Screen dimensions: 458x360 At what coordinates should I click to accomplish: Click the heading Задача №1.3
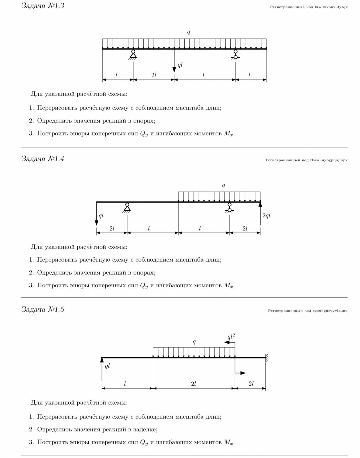click(43, 6)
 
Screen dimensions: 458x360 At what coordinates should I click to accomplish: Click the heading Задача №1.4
click(43, 159)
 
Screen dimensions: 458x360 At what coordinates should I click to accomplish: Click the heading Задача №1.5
click(43, 309)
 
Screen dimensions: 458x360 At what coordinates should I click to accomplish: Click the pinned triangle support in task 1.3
click(133, 54)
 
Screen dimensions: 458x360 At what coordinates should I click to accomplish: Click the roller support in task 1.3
click(236, 54)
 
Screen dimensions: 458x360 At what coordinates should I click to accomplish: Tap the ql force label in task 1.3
click(180, 65)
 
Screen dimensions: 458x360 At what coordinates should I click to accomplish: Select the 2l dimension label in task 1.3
click(154, 75)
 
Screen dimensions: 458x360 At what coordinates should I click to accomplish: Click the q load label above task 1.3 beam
click(189, 32)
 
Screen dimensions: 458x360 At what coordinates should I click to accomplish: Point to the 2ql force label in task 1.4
click(266, 215)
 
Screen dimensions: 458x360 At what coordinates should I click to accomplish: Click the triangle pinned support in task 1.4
click(127, 207)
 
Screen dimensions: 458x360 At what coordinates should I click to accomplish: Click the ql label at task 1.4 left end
click(101, 216)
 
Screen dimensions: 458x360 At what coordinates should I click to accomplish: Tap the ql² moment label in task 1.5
click(231, 337)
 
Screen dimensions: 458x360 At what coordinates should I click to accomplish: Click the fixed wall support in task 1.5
click(267, 358)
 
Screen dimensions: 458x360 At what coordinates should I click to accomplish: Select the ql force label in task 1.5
click(107, 366)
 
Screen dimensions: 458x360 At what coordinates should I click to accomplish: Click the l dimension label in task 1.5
click(125, 384)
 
